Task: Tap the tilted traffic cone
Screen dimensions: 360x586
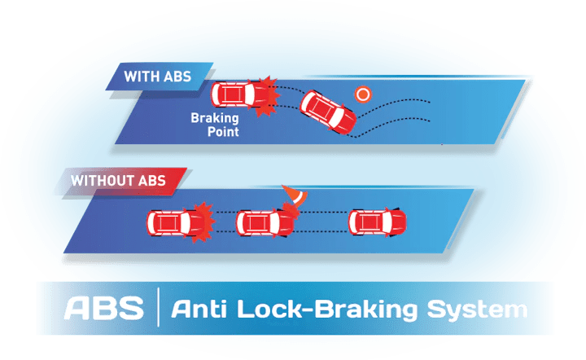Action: pos(292,198)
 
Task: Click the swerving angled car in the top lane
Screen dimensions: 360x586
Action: pos(329,114)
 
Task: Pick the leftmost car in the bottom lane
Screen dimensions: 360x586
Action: pos(172,222)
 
